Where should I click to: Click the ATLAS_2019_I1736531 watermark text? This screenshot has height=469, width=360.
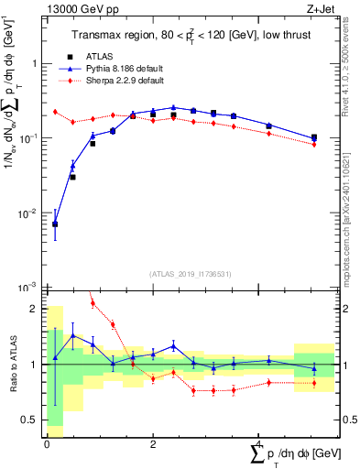pos(191,274)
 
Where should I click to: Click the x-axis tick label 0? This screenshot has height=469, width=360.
pos(47,443)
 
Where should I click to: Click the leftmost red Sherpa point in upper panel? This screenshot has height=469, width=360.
pos(55,112)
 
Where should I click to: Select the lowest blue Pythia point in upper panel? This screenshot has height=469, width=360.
pos(55,224)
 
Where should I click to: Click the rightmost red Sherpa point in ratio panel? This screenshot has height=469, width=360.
pos(314,383)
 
